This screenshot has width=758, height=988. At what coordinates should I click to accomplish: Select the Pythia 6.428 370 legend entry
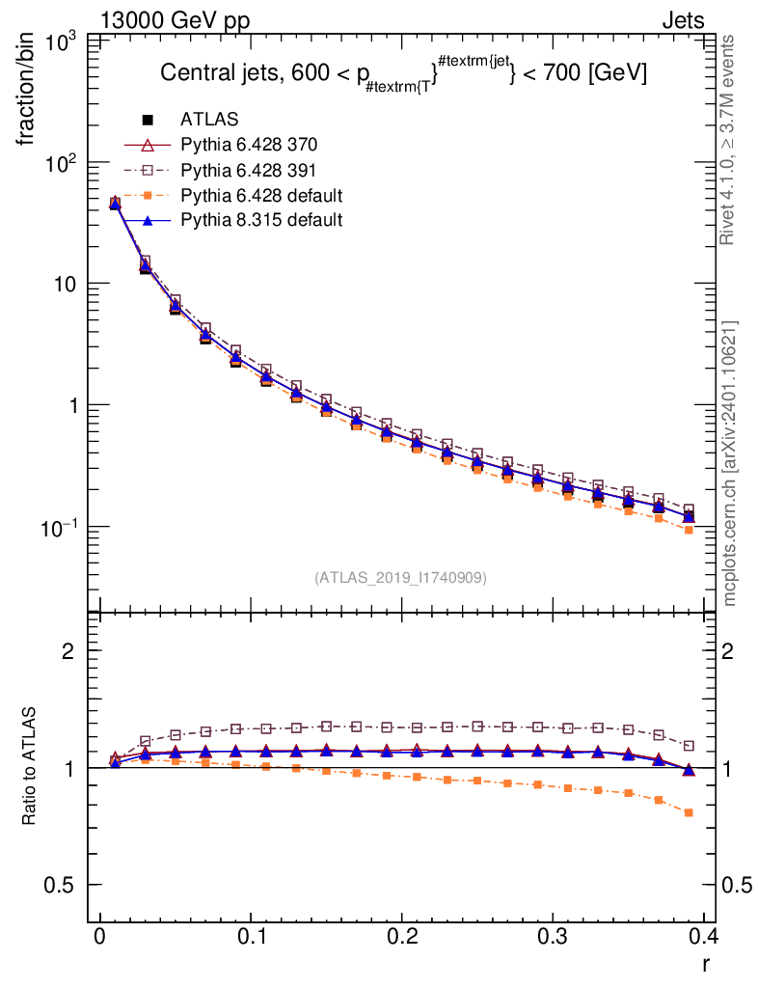click(x=249, y=145)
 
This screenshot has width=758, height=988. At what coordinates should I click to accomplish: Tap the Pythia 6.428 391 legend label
click(x=249, y=170)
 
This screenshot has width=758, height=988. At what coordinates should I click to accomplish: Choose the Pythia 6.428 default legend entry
click(x=261, y=195)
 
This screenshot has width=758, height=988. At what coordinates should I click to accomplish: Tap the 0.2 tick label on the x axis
click(x=401, y=937)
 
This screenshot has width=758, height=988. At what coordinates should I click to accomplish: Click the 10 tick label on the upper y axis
click(x=67, y=284)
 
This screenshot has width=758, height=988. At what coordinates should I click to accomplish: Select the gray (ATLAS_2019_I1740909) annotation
click(x=400, y=578)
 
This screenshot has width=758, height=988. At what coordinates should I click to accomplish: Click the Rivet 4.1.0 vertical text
click(x=729, y=140)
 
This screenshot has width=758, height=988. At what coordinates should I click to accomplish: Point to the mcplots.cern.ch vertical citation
click(x=730, y=463)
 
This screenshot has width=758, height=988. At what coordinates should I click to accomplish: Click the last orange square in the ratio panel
click(x=689, y=812)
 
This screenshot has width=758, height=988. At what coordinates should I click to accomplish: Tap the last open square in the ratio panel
click(x=689, y=746)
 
